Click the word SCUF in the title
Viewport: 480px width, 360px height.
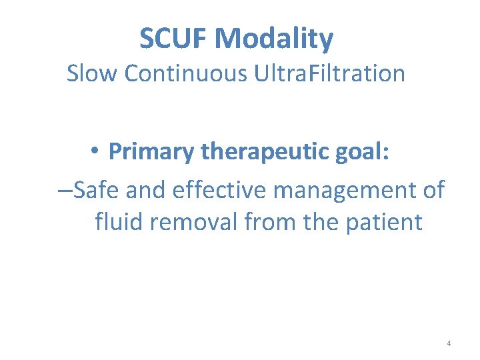point(175,39)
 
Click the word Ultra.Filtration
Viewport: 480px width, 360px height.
point(329,73)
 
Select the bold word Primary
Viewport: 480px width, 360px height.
point(151,153)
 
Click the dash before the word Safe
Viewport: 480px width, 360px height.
point(65,190)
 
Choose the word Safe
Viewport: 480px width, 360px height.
point(97,189)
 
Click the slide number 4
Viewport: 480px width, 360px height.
point(449,343)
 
